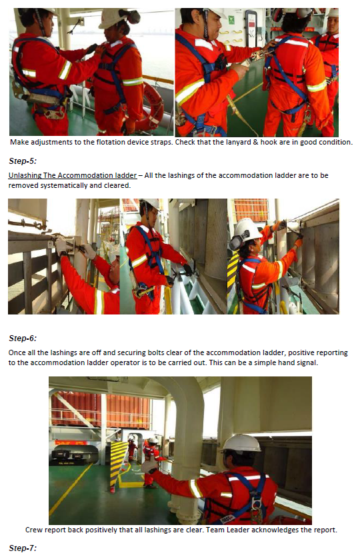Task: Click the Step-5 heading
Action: [x=23, y=161]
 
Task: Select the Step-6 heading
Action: [x=23, y=338]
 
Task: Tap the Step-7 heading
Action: [x=23, y=548]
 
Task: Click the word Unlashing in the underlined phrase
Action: [x=25, y=175]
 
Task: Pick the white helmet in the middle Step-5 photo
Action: [x=151, y=204]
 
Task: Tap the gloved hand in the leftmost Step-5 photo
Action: [x=87, y=251]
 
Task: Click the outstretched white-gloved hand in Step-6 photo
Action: [x=148, y=466]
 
